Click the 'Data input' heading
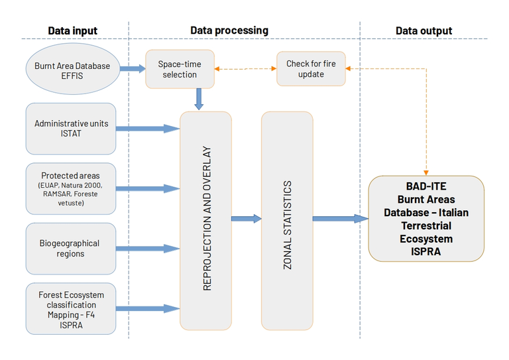point(72,30)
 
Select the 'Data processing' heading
point(229,30)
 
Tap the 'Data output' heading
point(424,30)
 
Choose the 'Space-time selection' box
point(180,69)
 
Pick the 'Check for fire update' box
point(310,69)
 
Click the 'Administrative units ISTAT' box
point(71,129)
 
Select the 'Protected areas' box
point(71,189)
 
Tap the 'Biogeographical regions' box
point(71,249)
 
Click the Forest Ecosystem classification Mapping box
point(71,308)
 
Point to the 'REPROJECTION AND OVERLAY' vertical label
point(207,219)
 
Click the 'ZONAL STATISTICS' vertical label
point(287,219)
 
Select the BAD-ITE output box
point(425,218)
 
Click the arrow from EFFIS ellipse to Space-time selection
point(133,68)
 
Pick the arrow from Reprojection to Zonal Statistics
point(246,218)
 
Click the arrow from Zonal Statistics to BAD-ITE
point(340,218)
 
